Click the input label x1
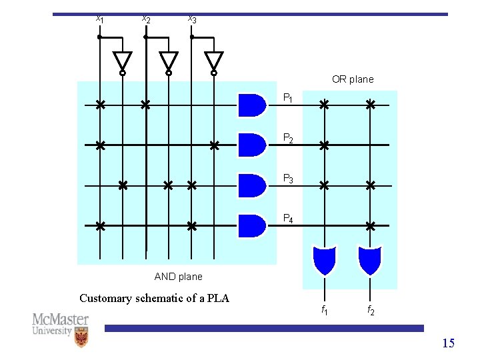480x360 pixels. coord(100,19)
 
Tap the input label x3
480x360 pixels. coord(192,19)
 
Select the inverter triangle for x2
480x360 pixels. coord(169,60)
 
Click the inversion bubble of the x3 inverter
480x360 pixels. coord(214,73)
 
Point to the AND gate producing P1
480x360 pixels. coord(252,105)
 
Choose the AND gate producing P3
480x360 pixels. coord(252,186)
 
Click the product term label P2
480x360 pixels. coord(288,138)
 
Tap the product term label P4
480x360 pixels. coord(288,219)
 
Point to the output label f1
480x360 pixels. coord(325,310)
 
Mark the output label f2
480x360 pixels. coord(371,310)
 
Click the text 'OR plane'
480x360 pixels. coord(353,79)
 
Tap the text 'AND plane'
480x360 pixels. coord(179,277)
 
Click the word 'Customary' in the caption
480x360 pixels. coord(105,299)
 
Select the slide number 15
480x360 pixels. coord(449,343)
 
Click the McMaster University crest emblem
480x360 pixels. coord(81,337)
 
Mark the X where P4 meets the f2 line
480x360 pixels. coord(371,226)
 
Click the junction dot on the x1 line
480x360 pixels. coord(99,37)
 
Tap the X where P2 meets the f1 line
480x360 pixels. coord(324,145)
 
